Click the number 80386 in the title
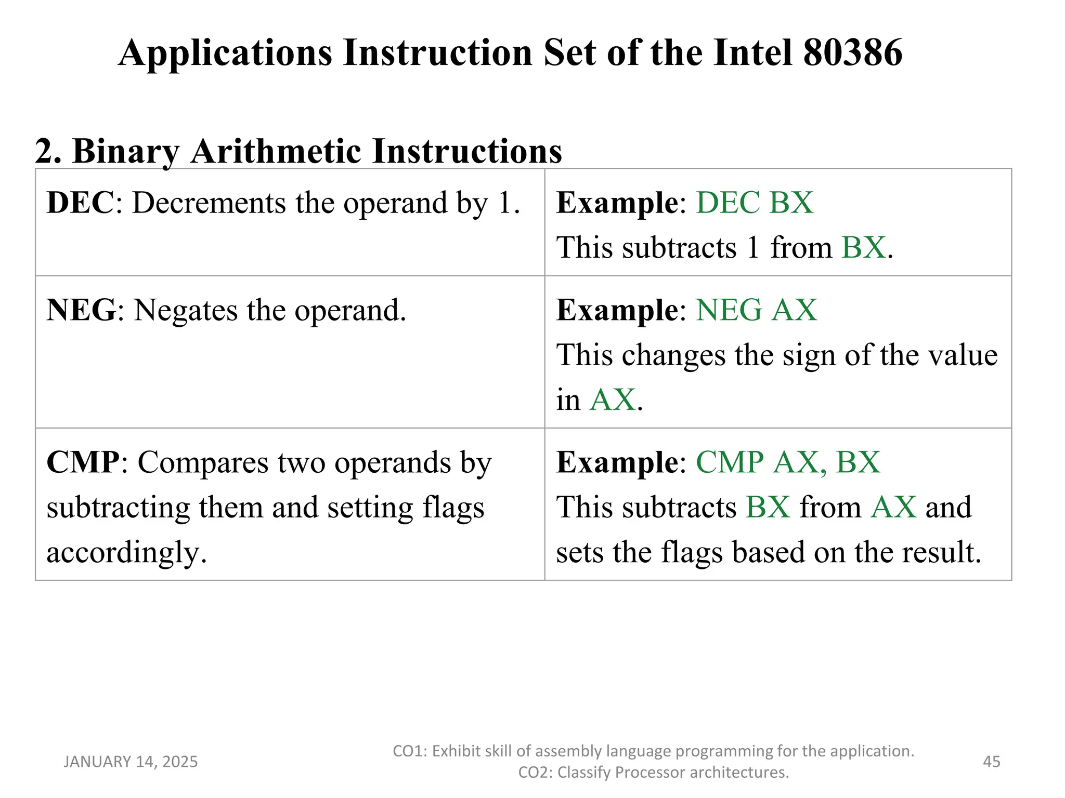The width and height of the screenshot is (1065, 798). click(853, 53)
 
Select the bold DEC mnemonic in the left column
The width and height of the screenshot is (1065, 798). click(80, 203)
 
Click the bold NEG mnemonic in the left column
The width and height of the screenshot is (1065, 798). click(81, 310)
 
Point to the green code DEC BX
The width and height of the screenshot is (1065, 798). click(755, 203)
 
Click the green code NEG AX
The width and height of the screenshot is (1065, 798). click(756, 310)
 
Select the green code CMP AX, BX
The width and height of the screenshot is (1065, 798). click(788, 462)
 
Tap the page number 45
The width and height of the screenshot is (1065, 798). click(991, 762)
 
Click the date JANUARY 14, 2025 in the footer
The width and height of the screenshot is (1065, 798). click(131, 762)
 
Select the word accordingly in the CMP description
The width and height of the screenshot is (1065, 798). click(126, 552)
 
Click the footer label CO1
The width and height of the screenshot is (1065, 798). click(408, 751)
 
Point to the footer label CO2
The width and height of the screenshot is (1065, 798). click(534, 773)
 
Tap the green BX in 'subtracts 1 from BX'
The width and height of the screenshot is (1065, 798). click(863, 247)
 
